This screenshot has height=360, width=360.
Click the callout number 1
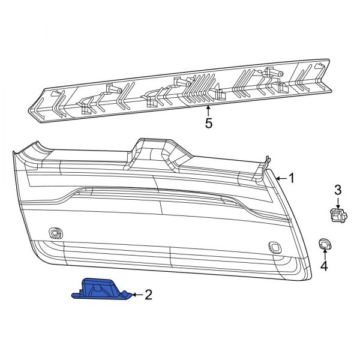pos(292,178)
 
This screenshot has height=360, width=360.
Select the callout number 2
pos(149,295)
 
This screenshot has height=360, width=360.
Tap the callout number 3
pos(338,190)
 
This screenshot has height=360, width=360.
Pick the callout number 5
pos(208,124)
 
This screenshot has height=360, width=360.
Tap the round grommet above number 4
pos(323,244)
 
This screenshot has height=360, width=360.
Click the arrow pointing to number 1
pos(280,178)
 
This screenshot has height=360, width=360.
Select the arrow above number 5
pos(208,110)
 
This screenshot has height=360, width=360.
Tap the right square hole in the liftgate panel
pos(275,246)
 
